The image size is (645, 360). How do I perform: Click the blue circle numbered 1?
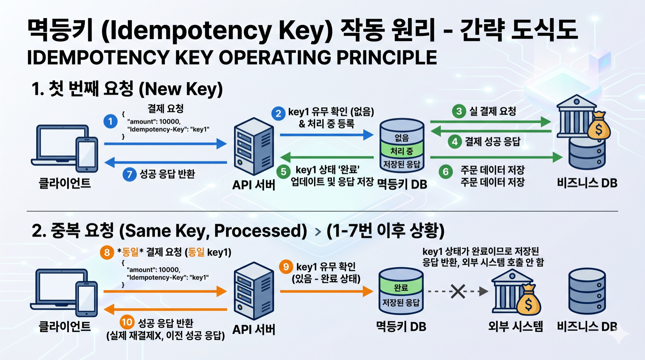pyautogui.click(x=110, y=121)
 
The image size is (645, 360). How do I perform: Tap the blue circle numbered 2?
pyautogui.click(x=278, y=113)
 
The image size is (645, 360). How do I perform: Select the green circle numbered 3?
pyautogui.click(x=459, y=111)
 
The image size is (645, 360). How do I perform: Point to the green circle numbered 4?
pyautogui.click(x=455, y=142)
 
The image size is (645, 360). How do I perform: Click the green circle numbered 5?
pyautogui.click(x=283, y=171)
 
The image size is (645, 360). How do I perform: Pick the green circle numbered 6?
pyautogui.click(x=445, y=172)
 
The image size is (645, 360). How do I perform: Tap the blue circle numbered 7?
pyautogui.click(x=129, y=174)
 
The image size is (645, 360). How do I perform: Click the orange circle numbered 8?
pyautogui.click(x=107, y=252)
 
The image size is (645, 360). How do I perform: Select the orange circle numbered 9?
pyautogui.click(x=286, y=266)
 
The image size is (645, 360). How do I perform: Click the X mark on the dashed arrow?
pyautogui.click(x=458, y=291)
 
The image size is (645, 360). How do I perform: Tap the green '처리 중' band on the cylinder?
pyautogui.click(x=402, y=151)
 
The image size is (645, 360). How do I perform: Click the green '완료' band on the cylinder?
pyautogui.click(x=401, y=287)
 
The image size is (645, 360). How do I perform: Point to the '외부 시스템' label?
pyautogui.click(x=515, y=326)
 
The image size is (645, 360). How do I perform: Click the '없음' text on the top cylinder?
pyautogui.click(x=402, y=138)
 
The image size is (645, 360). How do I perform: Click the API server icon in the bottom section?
pyautogui.click(x=254, y=291)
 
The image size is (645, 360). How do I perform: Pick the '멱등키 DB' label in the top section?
pyautogui.click(x=402, y=184)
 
